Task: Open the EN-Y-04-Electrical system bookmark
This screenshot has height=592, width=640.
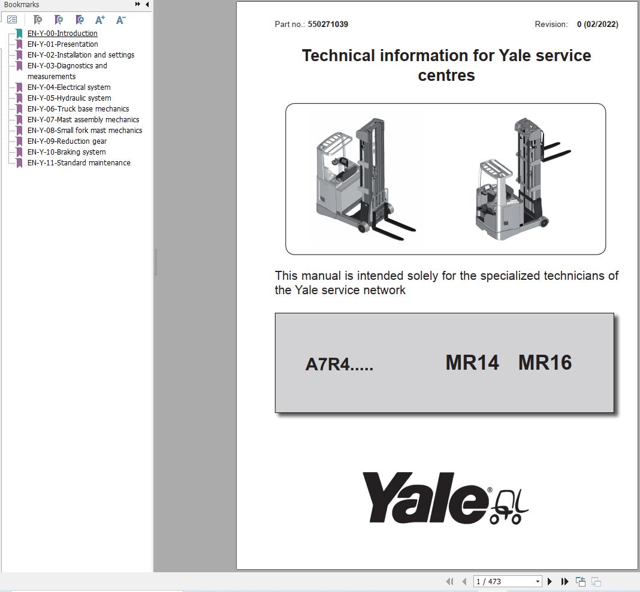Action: point(68,87)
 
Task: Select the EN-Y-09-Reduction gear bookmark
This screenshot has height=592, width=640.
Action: point(67,141)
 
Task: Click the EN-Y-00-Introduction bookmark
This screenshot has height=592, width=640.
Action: point(62,34)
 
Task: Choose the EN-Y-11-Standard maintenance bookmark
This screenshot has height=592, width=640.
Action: point(79,163)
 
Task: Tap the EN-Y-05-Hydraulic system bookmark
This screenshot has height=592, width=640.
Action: point(69,98)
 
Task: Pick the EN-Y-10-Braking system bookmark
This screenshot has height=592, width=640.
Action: point(66,152)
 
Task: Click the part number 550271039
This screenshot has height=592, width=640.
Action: point(328,25)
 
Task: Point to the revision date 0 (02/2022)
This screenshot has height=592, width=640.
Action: point(597,25)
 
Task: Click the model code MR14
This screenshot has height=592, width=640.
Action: point(472,363)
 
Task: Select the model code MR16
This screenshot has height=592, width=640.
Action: point(545,363)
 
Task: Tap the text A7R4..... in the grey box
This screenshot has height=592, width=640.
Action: point(339,364)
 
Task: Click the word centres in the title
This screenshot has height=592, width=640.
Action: point(446,75)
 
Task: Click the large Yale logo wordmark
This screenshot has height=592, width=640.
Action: point(425,498)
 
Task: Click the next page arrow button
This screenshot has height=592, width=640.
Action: point(550,581)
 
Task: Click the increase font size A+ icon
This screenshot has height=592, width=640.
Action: point(100,20)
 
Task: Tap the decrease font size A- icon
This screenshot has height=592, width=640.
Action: point(120,20)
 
